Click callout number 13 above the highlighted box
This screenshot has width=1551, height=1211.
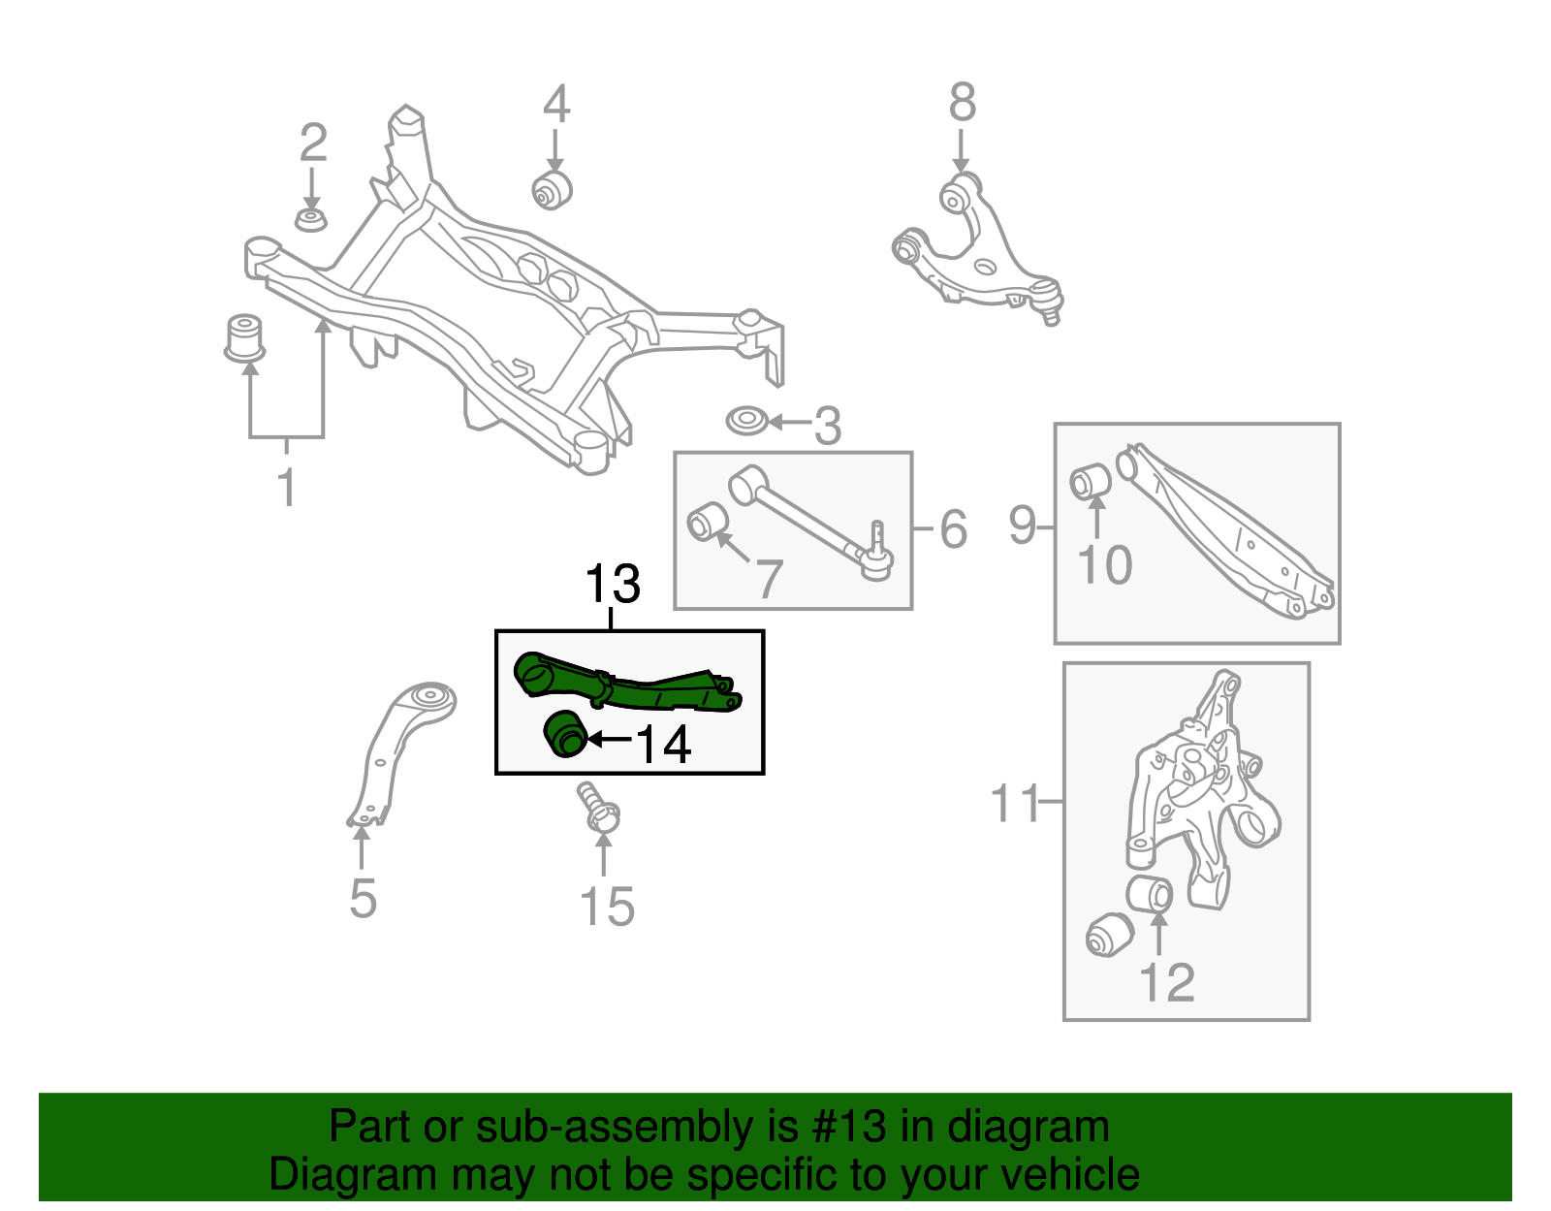[x=613, y=585]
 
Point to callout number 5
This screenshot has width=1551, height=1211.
[x=363, y=899]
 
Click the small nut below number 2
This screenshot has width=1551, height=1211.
[x=310, y=219]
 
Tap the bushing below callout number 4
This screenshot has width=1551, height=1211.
[x=554, y=188]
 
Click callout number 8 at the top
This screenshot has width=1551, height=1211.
[x=962, y=103]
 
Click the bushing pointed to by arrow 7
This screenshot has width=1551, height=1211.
[x=708, y=523]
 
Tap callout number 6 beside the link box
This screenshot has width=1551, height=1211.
[x=953, y=529]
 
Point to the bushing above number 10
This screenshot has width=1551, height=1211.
[x=1091, y=481]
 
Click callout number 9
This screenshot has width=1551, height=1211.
[x=1022, y=526]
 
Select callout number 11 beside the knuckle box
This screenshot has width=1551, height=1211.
[x=1014, y=803]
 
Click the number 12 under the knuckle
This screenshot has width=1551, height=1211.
[x=1167, y=983]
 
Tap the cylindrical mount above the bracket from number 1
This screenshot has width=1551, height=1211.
[x=244, y=335]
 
